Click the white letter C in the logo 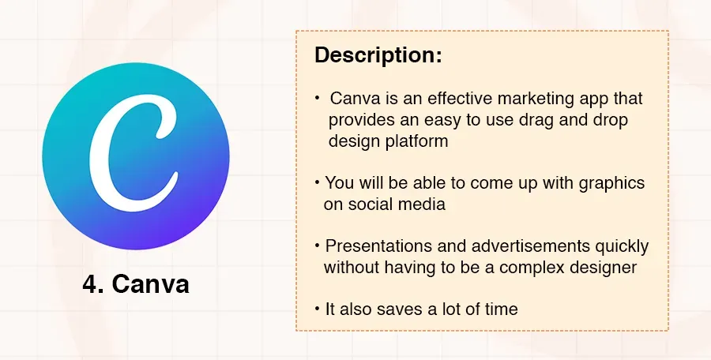coord(135,149)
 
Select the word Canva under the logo coord(151,284)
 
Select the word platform coord(416,141)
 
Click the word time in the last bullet coord(502,309)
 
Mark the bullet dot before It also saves coord(318,309)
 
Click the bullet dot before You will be coord(318,183)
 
